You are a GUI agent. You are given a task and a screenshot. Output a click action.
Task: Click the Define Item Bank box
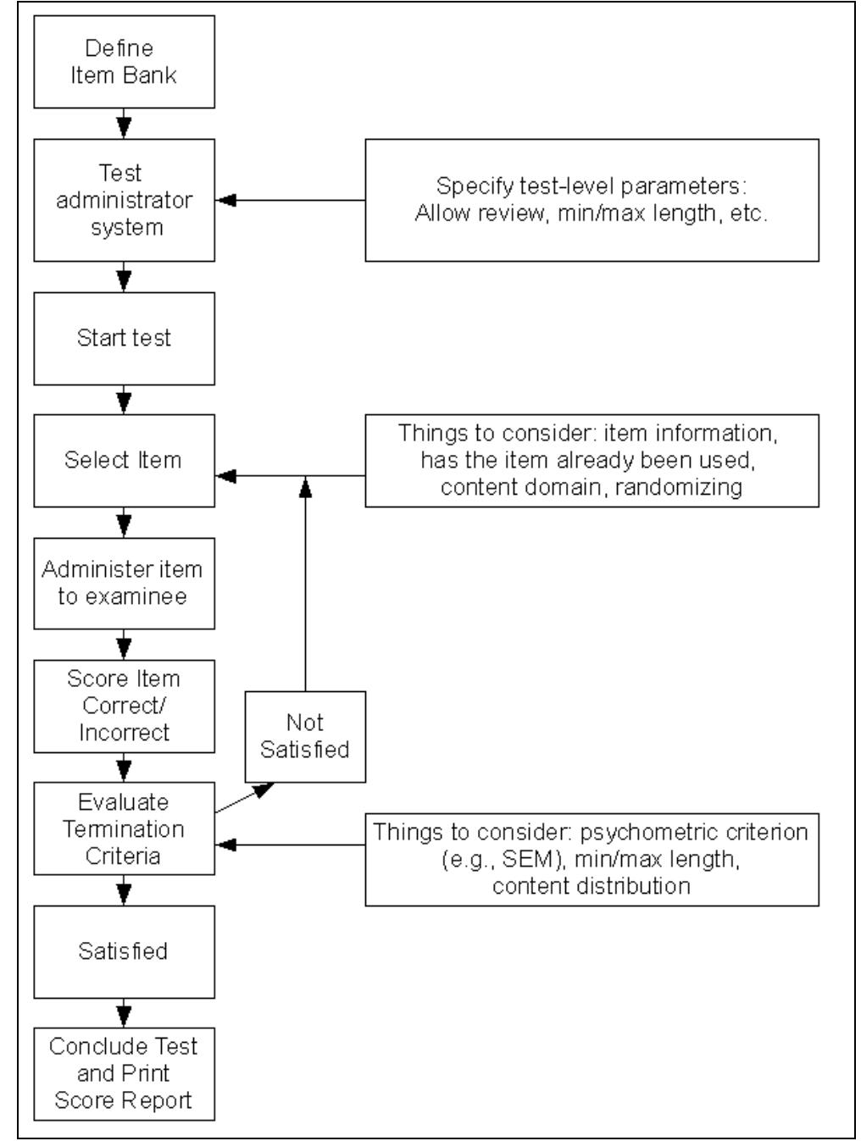pyautogui.click(x=124, y=62)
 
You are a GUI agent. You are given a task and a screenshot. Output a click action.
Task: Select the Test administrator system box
pyautogui.click(x=124, y=200)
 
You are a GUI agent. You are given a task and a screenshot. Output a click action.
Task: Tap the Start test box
pyautogui.click(x=124, y=337)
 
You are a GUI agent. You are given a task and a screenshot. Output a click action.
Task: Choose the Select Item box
pyautogui.click(x=124, y=460)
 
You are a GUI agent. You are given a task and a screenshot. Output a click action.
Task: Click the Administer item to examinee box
pyautogui.click(x=124, y=583)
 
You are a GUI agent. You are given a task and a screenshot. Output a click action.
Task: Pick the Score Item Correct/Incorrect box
pyautogui.click(x=124, y=706)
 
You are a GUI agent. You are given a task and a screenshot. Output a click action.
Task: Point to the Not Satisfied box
pyautogui.click(x=304, y=736)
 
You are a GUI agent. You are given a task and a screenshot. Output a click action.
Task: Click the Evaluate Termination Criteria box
pyautogui.click(x=124, y=828)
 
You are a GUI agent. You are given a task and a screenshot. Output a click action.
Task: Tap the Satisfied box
pyautogui.click(x=124, y=950)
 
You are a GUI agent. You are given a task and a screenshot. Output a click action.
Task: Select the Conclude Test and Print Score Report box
pyautogui.click(x=124, y=1073)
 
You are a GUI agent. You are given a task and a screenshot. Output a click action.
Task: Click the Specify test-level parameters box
pyautogui.click(x=592, y=200)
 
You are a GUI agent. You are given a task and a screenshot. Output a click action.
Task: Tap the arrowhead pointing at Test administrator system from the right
pyautogui.click(x=226, y=201)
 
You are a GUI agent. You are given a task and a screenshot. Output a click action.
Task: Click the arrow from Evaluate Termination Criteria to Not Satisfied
pyautogui.click(x=246, y=800)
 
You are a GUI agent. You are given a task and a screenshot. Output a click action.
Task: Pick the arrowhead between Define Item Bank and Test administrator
pyautogui.click(x=125, y=128)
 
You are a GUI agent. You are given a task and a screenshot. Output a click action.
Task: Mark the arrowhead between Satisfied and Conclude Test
pyautogui.click(x=125, y=1012)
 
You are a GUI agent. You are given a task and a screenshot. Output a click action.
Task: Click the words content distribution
pyautogui.click(x=591, y=886)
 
